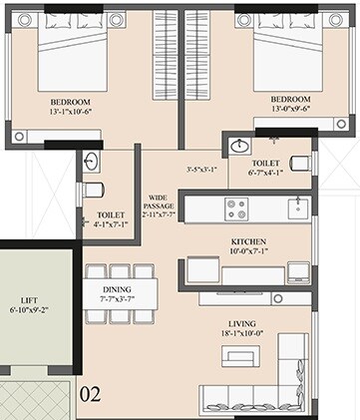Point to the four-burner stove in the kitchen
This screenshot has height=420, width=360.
coord(237,210)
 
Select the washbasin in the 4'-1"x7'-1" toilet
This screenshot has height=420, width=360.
coord(91,163)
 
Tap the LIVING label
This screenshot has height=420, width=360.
coord(242,323)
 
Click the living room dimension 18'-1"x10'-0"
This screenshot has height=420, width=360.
coord(242,336)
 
